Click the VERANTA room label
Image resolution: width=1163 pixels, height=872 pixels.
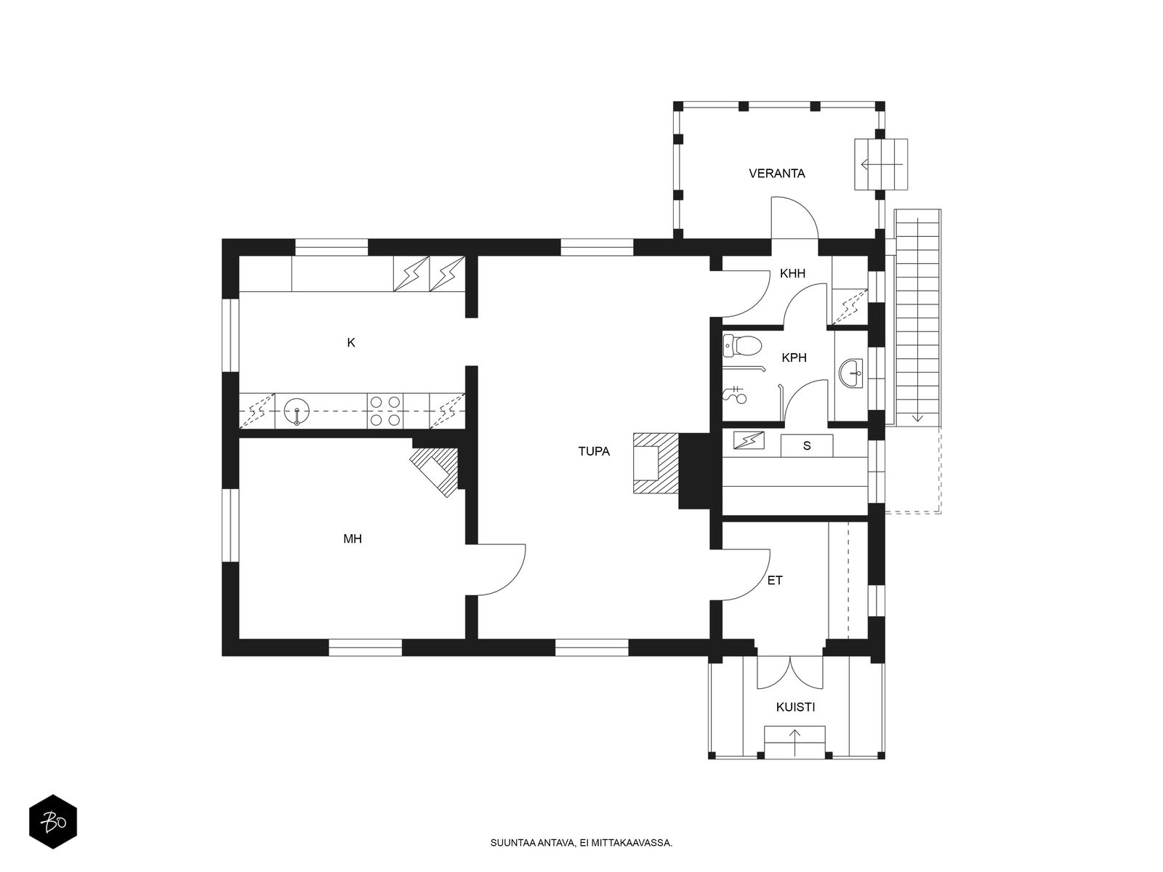(x=776, y=173)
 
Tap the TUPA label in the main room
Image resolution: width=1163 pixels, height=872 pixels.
(x=593, y=451)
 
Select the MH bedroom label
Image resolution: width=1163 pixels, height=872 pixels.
(x=353, y=539)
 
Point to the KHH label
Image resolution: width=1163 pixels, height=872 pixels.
(x=792, y=273)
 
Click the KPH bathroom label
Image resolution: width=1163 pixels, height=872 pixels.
(x=794, y=358)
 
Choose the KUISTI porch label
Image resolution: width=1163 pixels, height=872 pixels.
(x=795, y=707)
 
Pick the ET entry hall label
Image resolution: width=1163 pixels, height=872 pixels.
(x=775, y=581)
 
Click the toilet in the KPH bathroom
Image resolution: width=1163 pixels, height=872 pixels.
(x=742, y=346)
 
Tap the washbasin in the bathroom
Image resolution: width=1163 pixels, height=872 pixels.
(x=851, y=374)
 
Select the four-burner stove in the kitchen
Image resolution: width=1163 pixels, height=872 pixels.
(x=385, y=411)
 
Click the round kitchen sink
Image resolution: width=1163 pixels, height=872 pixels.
(x=296, y=411)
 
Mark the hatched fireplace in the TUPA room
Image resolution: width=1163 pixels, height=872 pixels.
(x=656, y=464)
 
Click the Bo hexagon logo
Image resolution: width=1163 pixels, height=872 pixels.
(x=53, y=821)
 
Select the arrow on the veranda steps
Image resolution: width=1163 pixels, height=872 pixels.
(x=882, y=165)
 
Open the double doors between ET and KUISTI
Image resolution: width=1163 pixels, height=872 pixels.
(x=790, y=672)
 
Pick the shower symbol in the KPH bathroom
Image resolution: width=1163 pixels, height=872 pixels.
(x=735, y=395)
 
